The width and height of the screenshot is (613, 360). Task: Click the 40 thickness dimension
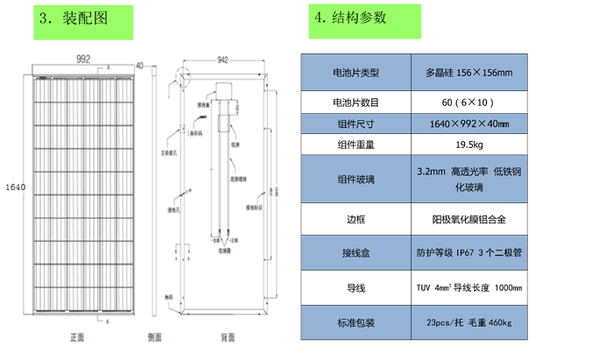click(x=139, y=65)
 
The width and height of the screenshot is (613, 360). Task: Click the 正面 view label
click(x=77, y=337)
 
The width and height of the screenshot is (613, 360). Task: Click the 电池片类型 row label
click(x=356, y=73)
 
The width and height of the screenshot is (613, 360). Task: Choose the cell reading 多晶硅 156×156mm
click(x=469, y=73)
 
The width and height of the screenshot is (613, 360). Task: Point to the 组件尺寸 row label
click(x=356, y=124)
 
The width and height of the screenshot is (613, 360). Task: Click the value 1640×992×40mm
click(x=469, y=124)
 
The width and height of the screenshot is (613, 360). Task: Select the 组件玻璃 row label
click(x=356, y=180)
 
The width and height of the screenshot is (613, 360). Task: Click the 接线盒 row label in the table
click(x=356, y=254)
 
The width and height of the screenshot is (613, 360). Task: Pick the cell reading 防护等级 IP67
click(x=469, y=254)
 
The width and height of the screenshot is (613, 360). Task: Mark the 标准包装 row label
click(x=356, y=323)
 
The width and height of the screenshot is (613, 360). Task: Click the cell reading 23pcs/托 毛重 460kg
click(x=469, y=323)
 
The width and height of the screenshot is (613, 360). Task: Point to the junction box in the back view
click(x=221, y=90)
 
